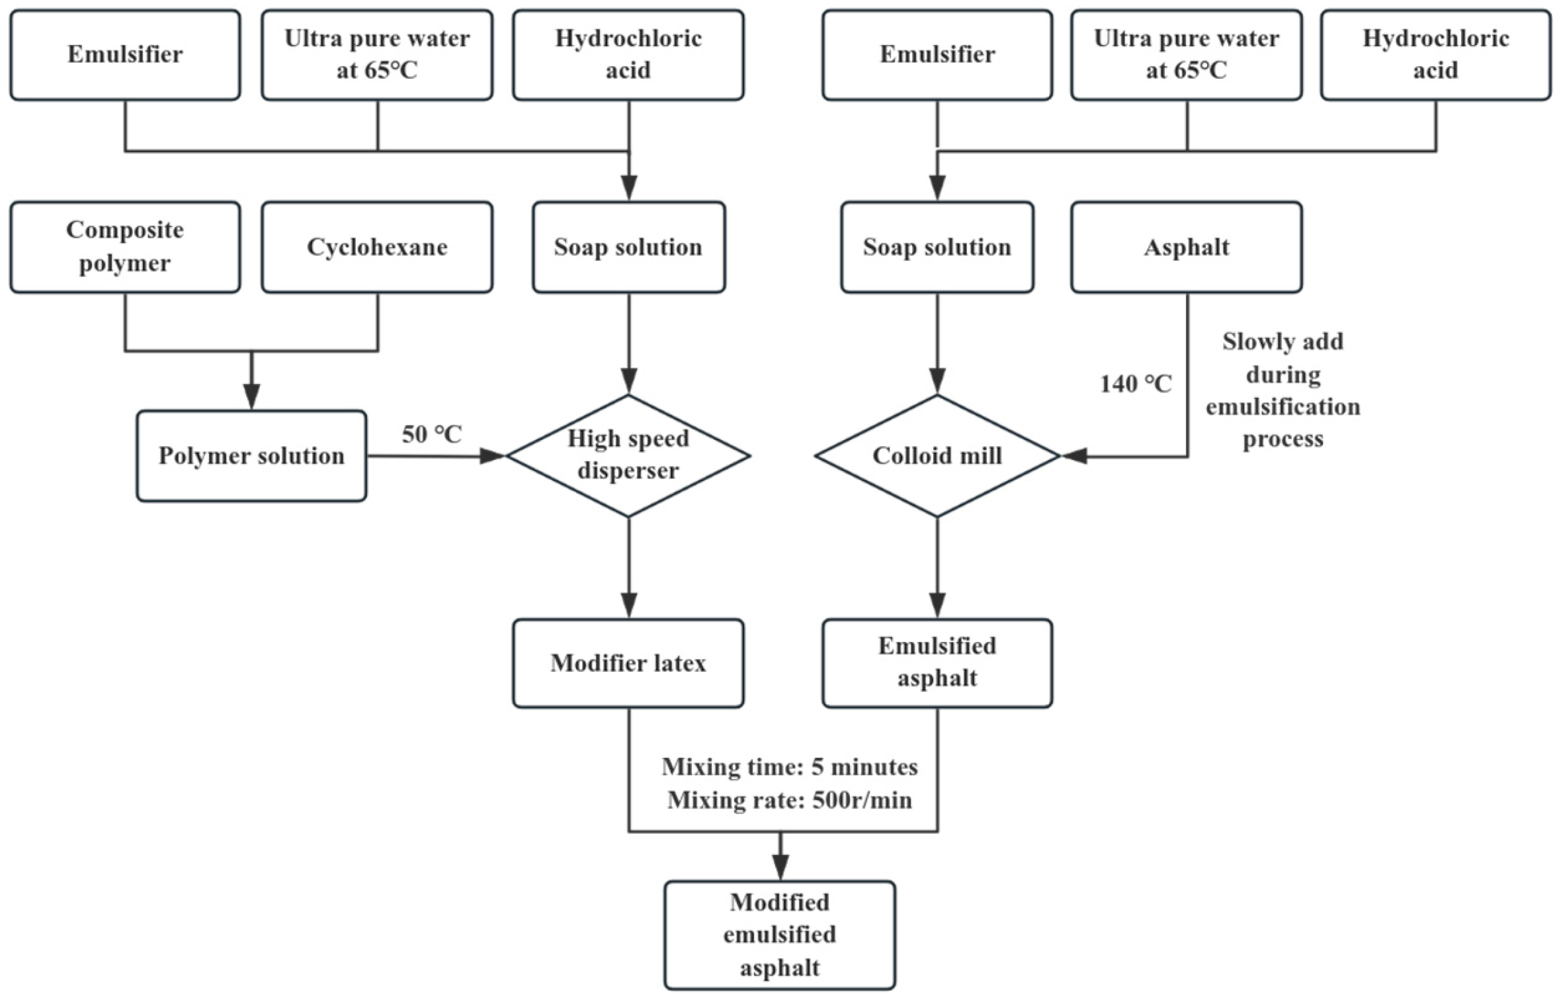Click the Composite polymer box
(125, 247)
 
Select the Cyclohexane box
(377, 247)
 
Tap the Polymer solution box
(251, 456)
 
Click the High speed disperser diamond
(628, 455)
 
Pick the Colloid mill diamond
(937, 455)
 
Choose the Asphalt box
(1187, 247)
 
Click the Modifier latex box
(628, 663)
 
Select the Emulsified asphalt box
(937, 663)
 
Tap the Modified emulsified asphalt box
(780, 934)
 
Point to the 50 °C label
(432, 435)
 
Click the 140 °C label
(1135, 384)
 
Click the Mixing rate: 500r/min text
(790, 800)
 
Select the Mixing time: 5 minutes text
(790, 767)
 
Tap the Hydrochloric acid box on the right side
(1435, 54)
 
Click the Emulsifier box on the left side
(125, 54)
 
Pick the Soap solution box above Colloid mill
(937, 247)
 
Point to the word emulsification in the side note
(1283, 406)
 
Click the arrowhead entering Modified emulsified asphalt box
(780, 867)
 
